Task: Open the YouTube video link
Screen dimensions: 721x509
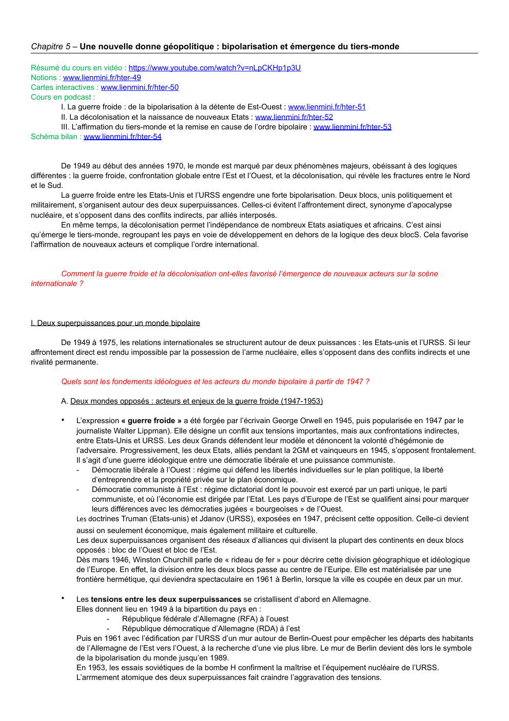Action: pyautogui.click(x=214, y=68)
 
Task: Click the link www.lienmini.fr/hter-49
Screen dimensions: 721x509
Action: pyautogui.click(x=102, y=78)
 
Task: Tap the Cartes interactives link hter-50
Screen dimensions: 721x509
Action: pyautogui.click(x=140, y=87)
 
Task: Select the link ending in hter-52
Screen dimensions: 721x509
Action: pyautogui.click(x=294, y=117)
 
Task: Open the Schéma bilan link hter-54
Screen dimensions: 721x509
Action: pyautogui.click(x=122, y=137)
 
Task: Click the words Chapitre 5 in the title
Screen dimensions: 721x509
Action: pyautogui.click(x=51, y=47)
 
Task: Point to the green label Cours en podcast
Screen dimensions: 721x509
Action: pyautogui.click(x=62, y=97)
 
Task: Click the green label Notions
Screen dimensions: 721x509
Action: pyautogui.click(x=44, y=78)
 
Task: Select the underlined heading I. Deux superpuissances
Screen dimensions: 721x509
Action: pyautogui.click(x=115, y=323)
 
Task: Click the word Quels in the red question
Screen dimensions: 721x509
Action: pyautogui.click(x=71, y=382)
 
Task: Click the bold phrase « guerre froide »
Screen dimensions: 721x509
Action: pyautogui.click(x=151, y=421)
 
